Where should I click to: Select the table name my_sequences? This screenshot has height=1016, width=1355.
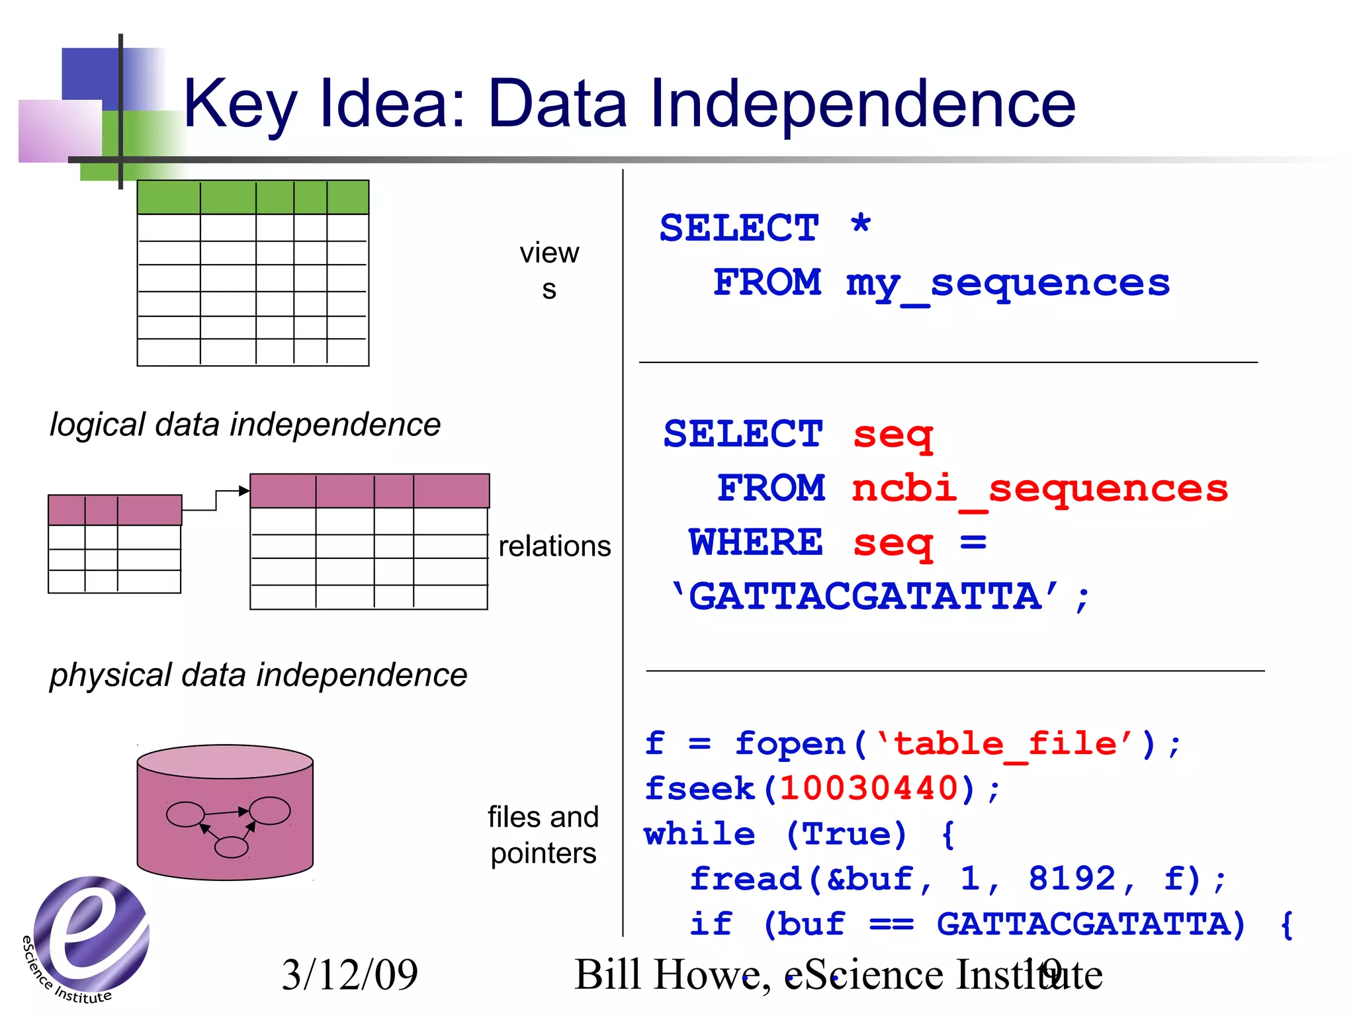1008,283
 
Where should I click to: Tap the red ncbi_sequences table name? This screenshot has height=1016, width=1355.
1039,489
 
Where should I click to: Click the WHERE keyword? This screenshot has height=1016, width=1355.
756,542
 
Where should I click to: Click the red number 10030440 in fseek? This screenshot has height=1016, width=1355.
869,788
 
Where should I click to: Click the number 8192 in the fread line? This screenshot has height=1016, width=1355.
1072,879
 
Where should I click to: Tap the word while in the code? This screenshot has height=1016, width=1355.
699,834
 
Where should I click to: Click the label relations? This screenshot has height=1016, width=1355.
554,546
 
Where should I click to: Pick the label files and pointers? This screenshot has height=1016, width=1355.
543,835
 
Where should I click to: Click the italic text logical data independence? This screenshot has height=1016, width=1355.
245,425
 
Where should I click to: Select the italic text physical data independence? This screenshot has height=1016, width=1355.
258,675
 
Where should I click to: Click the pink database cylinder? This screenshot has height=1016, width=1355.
225,812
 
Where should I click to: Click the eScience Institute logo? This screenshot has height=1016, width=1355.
89,936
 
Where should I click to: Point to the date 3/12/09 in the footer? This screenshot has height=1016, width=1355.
349,975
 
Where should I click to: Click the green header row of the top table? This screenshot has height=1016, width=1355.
253,197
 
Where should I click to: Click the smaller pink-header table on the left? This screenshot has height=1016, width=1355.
114,544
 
